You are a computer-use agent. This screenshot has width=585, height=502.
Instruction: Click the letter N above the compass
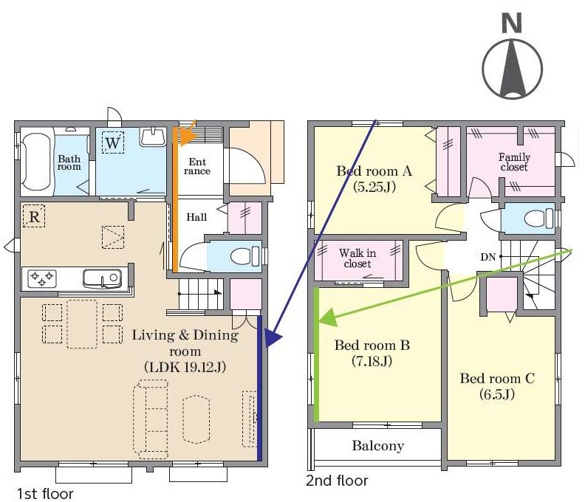[x=511, y=23]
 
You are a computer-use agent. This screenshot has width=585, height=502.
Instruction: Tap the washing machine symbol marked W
[x=113, y=142]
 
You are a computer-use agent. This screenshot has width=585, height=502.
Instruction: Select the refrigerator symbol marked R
[x=34, y=216]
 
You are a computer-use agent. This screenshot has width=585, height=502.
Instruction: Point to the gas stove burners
[x=41, y=278]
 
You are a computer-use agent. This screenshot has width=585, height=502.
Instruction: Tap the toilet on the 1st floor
[x=245, y=257]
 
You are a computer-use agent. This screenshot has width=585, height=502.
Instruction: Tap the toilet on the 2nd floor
[x=538, y=219]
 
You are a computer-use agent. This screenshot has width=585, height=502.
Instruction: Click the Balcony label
[x=378, y=446]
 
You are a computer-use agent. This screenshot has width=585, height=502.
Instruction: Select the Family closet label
[x=514, y=162]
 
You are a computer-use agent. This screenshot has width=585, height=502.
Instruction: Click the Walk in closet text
[x=357, y=258]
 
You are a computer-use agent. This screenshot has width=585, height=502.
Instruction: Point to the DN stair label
[x=487, y=257]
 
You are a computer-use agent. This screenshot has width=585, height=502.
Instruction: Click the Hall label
[x=196, y=217]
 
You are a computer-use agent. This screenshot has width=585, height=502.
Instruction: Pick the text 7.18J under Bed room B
[x=372, y=361]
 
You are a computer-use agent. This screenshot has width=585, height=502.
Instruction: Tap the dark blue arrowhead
[x=273, y=338]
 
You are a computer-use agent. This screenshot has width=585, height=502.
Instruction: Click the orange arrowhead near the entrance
[x=187, y=136]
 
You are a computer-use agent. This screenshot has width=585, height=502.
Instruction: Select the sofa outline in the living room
[x=151, y=419]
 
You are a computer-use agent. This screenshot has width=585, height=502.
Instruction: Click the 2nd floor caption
[x=337, y=481]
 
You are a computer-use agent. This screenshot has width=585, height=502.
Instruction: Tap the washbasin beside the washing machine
[x=153, y=137]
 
